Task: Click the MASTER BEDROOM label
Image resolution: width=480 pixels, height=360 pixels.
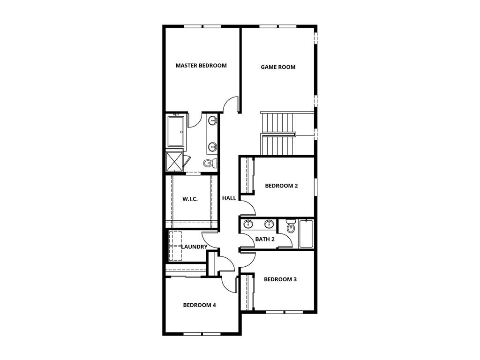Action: coord(201,66)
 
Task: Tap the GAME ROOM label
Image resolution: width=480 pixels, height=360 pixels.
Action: coord(278,67)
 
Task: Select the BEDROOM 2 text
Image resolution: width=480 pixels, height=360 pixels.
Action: coord(281,186)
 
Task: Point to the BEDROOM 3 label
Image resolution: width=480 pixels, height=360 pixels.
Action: coord(280,279)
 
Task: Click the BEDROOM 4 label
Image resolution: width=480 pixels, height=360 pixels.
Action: coord(199,305)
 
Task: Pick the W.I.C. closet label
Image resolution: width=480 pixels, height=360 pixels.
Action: coord(190,199)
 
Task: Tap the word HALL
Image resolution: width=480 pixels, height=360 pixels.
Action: coord(229,198)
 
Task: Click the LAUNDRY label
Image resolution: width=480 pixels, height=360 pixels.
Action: coord(194,247)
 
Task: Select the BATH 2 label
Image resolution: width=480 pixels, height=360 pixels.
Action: coord(265,240)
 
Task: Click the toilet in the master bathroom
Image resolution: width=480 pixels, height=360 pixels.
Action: coord(210,163)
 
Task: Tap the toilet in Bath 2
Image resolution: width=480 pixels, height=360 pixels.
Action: coord(291,228)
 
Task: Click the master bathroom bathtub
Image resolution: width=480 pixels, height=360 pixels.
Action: coord(177,131)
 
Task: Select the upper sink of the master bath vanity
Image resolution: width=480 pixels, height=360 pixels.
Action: coord(213,120)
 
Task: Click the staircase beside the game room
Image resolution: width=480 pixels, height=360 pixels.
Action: coord(278,133)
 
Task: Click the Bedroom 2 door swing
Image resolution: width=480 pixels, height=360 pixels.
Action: coord(247,207)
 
